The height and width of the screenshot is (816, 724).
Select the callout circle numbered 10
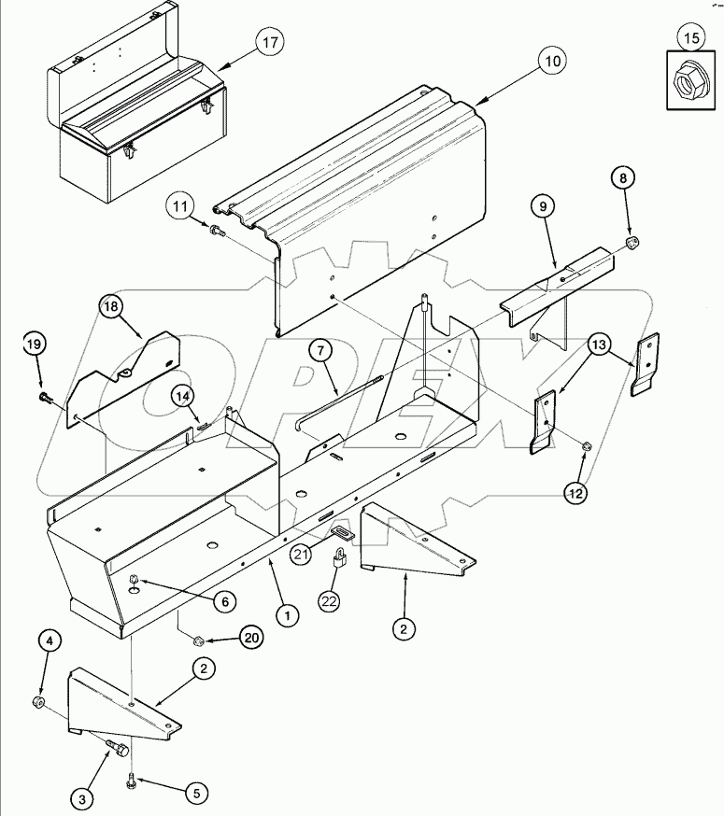[x=551, y=63]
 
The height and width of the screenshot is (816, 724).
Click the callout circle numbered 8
[x=625, y=176]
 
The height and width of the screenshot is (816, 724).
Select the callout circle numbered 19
[x=35, y=345]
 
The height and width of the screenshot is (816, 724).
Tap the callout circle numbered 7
[x=319, y=351]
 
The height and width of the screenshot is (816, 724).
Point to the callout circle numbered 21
[x=299, y=554]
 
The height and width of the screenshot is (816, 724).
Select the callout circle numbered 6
[x=223, y=602]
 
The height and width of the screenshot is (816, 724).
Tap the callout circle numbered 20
[x=250, y=639]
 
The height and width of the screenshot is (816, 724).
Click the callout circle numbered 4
[x=50, y=641]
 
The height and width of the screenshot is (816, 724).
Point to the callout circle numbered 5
[x=194, y=794]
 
